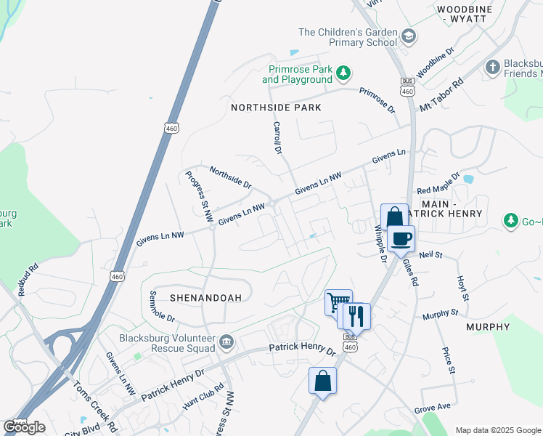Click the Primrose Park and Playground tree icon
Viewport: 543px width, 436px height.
tap(343, 72)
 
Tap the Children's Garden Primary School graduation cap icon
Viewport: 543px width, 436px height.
tap(409, 36)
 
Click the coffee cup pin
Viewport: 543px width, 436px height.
tap(401, 238)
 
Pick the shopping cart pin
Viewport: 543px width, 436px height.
tap(338, 302)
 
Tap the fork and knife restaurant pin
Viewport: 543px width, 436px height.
tap(356, 315)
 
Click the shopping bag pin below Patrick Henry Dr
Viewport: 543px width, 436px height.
tap(322, 381)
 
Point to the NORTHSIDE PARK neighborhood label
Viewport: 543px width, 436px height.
tap(276, 108)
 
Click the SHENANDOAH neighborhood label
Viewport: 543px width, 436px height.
tap(185, 298)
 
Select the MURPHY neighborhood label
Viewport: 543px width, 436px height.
tap(488, 327)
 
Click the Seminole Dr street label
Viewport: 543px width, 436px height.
tap(161, 308)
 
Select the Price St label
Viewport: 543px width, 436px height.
tap(448, 360)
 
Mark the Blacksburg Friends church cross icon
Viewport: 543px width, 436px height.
tap(492, 67)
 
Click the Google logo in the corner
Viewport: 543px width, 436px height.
tap(24, 427)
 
